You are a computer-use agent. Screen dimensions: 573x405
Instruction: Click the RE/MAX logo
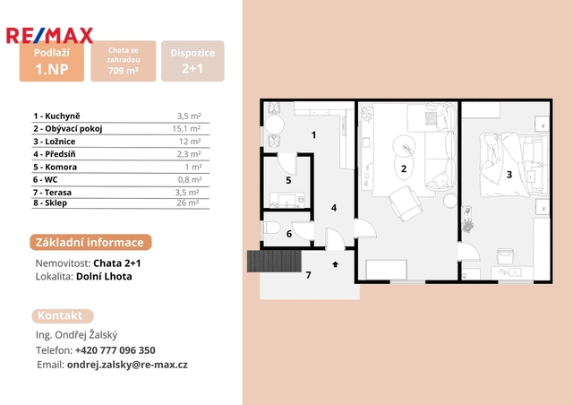click(x=50, y=36)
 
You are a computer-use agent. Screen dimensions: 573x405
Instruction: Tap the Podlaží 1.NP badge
click(x=52, y=62)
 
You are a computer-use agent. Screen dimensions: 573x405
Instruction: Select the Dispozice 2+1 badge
click(x=192, y=61)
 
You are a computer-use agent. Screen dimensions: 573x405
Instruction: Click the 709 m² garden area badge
click(x=124, y=61)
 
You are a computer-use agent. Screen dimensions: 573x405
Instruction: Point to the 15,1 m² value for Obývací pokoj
click(x=186, y=129)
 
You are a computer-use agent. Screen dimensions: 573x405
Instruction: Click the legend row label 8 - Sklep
click(x=50, y=203)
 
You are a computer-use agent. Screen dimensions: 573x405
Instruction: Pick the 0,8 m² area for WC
click(x=190, y=179)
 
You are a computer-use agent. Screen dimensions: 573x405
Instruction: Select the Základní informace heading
click(x=90, y=242)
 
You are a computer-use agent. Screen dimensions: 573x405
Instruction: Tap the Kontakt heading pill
click(x=63, y=315)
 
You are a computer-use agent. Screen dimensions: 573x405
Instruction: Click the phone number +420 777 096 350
click(x=115, y=350)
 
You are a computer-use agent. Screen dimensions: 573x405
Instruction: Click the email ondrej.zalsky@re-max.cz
click(x=127, y=365)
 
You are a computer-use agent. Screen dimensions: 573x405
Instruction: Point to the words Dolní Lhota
click(x=104, y=276)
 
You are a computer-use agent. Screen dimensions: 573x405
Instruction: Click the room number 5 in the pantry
click(x=288, y=180)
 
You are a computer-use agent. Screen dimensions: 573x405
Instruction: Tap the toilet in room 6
click(x=271, y=228)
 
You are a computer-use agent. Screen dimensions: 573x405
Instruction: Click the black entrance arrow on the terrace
click(x=335, y=264)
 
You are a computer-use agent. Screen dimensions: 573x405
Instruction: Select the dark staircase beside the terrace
click(x=275, y=262)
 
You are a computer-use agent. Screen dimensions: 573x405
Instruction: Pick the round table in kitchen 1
click(x=274, y=125)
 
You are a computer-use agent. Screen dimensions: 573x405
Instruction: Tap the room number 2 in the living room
click(x=404, y=168)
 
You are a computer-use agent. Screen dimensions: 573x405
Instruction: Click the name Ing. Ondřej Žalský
click(x=76, y=335)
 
